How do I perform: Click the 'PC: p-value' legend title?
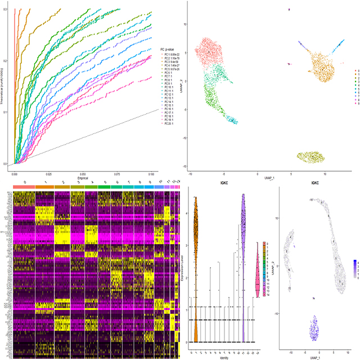169,49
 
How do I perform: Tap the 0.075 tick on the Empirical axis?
117,175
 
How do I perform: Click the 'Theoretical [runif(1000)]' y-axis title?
4,84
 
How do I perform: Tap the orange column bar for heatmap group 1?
45,185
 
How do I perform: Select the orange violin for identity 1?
196,270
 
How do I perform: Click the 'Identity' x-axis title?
224,357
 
